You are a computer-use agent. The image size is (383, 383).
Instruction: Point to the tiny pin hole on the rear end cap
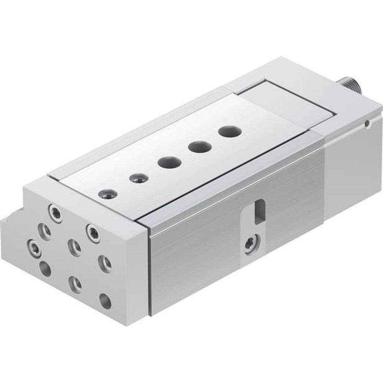coord(367,123)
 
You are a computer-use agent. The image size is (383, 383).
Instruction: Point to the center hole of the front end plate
coord(74,247)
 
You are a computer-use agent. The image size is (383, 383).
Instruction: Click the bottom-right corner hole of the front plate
coord(105,301)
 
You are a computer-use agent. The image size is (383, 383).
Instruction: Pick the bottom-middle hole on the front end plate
coord(74,283)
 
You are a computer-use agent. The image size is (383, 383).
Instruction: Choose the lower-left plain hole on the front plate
coord(45,268)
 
